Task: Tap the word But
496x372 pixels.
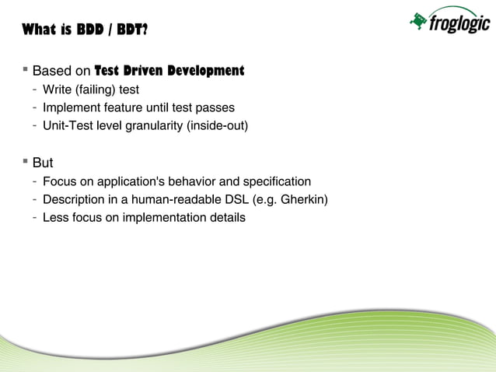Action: [43, 164]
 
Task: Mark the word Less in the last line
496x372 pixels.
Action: [56, 218]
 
